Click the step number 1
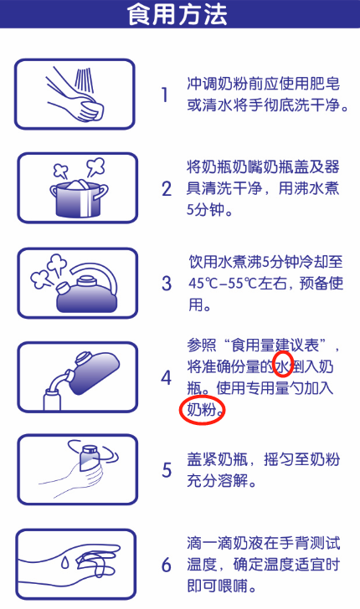[x=165, y=95]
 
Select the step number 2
[x=166, y=189]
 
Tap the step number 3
[x=166, y=284]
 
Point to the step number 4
[x=166, y=377]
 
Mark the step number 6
[x=166, y=564]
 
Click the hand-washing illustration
[x=75, y=94]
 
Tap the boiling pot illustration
[x=76, y=188]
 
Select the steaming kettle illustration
[x=76, y=283]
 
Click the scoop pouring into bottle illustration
[x=76, y=377]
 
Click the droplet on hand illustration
[x=76, y=564]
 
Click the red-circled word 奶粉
[x=202, y=410]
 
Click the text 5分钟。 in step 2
[x=209, y=210]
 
